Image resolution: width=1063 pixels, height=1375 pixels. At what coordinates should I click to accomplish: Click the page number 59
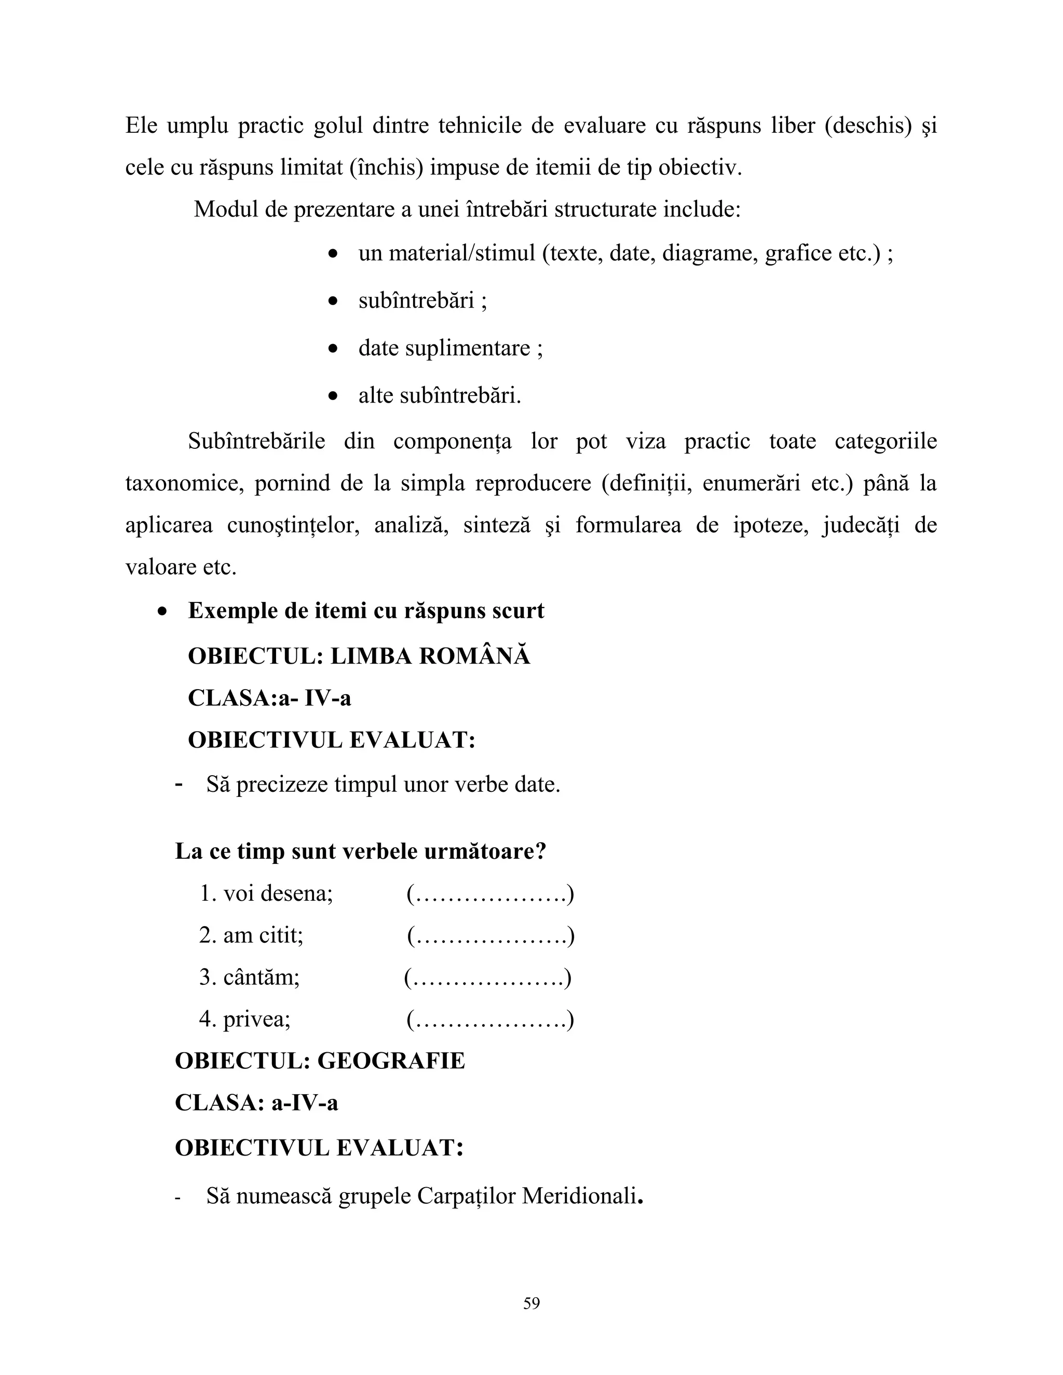pos(531,1302)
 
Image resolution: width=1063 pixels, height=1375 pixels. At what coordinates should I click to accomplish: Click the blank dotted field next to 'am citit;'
pos(490,935)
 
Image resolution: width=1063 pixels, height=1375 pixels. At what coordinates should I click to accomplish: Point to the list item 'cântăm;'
pos(250,977)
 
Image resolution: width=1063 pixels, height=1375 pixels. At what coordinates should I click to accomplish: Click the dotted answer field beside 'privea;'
pos(490,1019)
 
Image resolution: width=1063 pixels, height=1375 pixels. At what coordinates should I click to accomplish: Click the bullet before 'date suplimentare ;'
pos(334,349)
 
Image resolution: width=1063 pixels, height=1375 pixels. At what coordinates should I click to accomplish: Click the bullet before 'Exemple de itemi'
pos(163,611)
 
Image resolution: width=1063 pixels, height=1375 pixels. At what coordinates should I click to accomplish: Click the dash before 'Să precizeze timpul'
pos(179,785)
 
